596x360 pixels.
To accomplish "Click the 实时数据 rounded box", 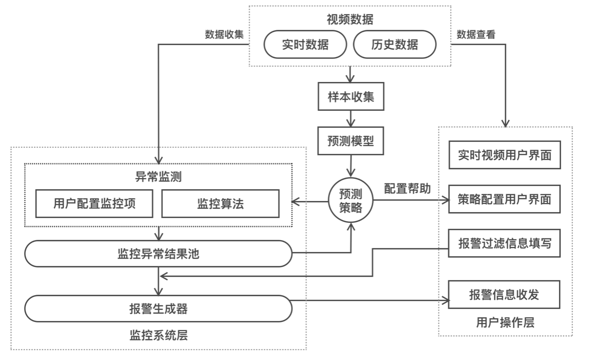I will [305, 44].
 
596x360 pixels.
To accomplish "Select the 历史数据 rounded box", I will [394, 44].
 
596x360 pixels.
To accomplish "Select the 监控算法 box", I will [220, 203].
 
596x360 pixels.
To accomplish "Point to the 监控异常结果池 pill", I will [159, 253].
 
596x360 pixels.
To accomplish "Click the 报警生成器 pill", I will [159, 308].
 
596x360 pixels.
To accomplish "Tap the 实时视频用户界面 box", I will [504, 155].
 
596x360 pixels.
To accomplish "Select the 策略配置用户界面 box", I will [504, 199].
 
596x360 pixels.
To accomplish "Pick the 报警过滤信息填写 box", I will [504, 243].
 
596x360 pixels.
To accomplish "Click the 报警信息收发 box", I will [504, 294].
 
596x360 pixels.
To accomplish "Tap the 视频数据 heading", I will [350, 20].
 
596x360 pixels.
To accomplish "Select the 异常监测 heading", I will [159, 177].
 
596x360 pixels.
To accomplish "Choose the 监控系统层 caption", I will [159, 335].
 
